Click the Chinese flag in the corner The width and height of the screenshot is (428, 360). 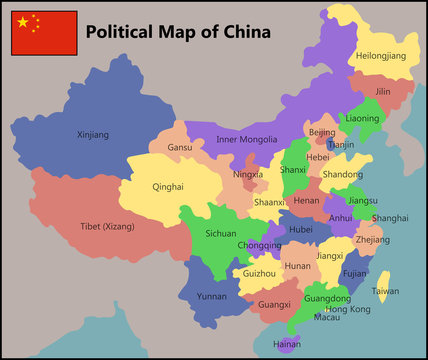point(44,33)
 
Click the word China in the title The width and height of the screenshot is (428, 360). point(247,31)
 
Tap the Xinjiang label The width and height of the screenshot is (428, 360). point(93,134)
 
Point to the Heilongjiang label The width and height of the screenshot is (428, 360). point(381,56)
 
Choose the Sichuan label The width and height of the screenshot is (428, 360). point(220,233)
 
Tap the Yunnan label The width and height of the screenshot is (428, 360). point(211,296)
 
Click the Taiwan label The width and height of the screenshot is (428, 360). point(385,291)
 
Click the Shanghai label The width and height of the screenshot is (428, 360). point(389,217)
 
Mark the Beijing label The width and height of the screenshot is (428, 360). point(322,132)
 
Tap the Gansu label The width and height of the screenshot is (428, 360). point(180,147)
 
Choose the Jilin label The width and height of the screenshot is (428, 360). point(382,91)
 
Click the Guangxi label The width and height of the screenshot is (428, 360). point(274,304)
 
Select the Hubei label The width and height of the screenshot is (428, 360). point(301,228)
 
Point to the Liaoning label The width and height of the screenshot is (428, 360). point(361,118)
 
